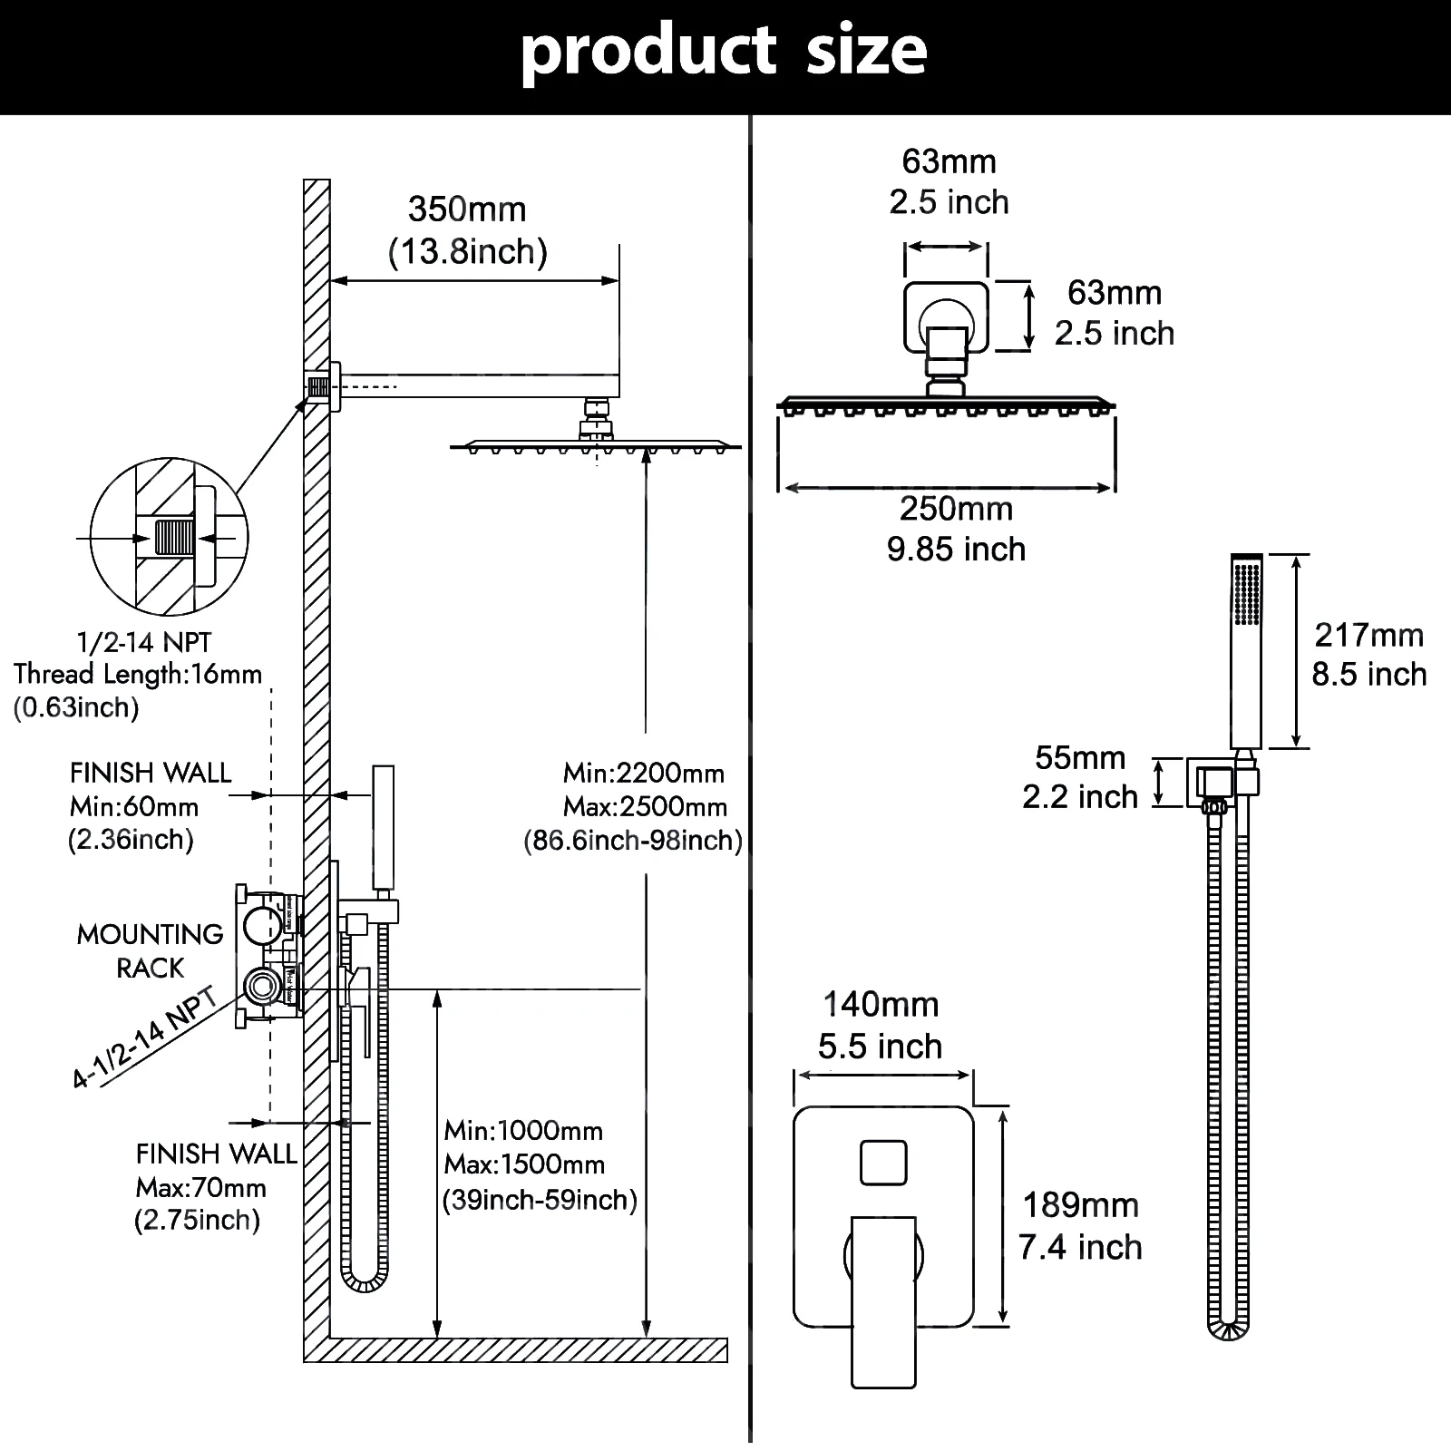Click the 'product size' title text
(724, 51)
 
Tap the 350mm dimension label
(467, 210)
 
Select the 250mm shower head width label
(956, 510)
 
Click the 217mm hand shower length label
(1368, 635)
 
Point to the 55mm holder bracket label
(1079, 758)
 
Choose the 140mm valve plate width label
(880, 1005)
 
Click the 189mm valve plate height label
(1080, 1206)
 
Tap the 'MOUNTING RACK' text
(151, 950)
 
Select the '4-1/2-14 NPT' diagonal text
(145, 1038)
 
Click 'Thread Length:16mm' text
(138, 675)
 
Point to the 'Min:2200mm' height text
(644, 774)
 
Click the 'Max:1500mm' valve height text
(524, 1164)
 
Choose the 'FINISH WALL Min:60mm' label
(150, 789)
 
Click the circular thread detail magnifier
(170, 537)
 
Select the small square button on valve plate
(883, 1163)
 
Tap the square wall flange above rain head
(946, 316)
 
